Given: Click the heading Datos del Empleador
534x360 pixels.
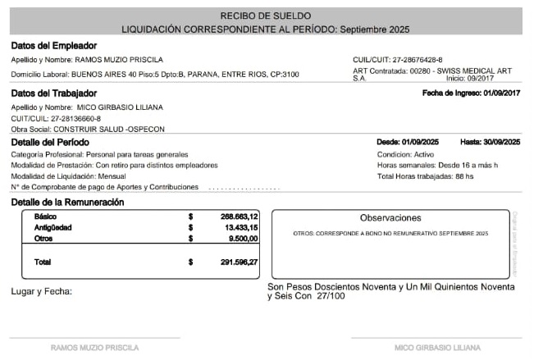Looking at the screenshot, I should (54, 46).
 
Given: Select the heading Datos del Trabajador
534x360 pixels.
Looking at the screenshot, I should (55, 93).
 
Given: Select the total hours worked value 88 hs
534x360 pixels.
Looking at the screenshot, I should (464, 176).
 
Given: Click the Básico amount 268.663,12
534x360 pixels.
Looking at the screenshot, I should (240, 216).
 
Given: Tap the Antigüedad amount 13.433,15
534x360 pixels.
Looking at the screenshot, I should (242, 227).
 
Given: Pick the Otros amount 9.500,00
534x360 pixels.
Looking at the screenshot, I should (244, 239).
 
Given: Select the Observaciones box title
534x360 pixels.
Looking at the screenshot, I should (390, 218).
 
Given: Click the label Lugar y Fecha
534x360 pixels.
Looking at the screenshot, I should (42, 292).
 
